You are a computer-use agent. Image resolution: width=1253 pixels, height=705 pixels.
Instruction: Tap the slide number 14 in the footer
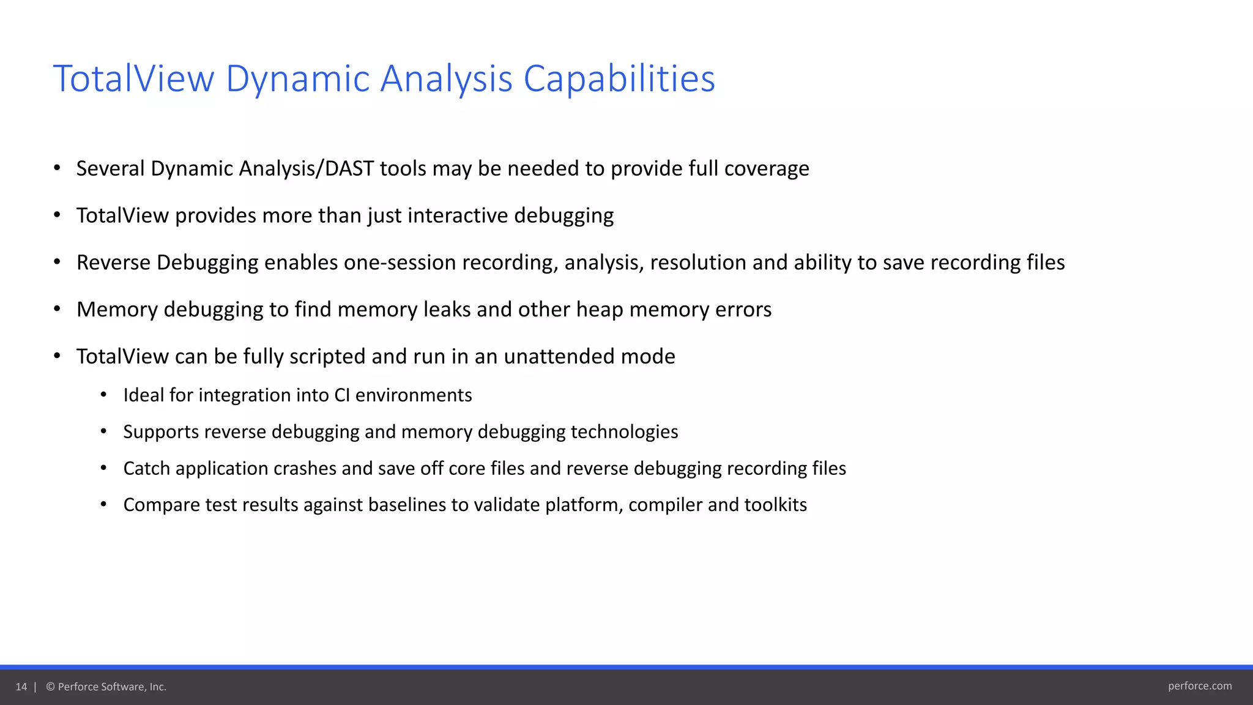pyautogui.click(x=21, y=687)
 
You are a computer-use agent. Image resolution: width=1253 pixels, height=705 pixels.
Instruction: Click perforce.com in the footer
pyautogui.click(x=1199, y=686)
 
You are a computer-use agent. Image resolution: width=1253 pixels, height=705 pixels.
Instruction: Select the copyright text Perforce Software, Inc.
pyautogui.click(x=111, y=687)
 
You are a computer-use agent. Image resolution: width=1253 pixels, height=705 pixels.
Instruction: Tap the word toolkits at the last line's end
pyautogui.click(x=775, y=505)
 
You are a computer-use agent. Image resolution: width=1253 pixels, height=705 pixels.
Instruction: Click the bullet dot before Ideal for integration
pyautogui.click(x=103, y=395)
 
